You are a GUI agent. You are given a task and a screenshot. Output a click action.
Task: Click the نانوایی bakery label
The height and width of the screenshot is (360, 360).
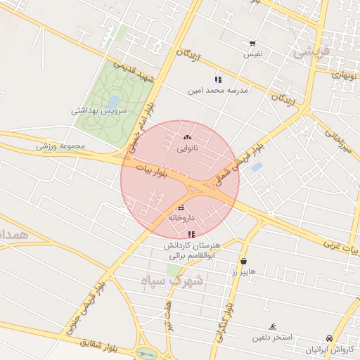pos(186,148)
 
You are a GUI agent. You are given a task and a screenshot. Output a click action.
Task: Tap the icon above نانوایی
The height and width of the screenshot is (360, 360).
pos(186,137)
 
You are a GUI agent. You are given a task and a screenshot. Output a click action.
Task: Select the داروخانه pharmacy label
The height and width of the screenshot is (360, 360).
pos(181,218)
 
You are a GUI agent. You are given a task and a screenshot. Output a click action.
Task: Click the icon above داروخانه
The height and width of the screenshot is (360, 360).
pos(182,207)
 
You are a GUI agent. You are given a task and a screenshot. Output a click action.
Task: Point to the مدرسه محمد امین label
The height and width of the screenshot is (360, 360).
pos(218,91)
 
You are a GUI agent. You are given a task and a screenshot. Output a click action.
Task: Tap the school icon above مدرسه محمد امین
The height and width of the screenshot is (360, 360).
pos(218,79)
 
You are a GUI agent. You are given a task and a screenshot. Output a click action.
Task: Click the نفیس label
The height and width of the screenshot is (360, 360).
pos(253,53)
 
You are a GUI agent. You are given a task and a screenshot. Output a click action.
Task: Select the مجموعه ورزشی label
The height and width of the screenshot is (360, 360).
pos(60,146)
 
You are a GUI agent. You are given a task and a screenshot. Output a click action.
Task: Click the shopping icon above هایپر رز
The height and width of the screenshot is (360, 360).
pos(243,261)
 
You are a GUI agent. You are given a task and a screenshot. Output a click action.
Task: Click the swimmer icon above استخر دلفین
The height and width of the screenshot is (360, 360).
pos(273,327)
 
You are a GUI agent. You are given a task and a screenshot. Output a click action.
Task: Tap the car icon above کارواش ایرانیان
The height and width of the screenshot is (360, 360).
pos(329,338)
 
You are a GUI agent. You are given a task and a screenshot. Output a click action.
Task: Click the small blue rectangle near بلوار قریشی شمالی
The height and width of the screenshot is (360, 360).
pos(257,167)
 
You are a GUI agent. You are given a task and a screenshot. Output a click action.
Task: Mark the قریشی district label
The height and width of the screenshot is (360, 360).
pos(310,51)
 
